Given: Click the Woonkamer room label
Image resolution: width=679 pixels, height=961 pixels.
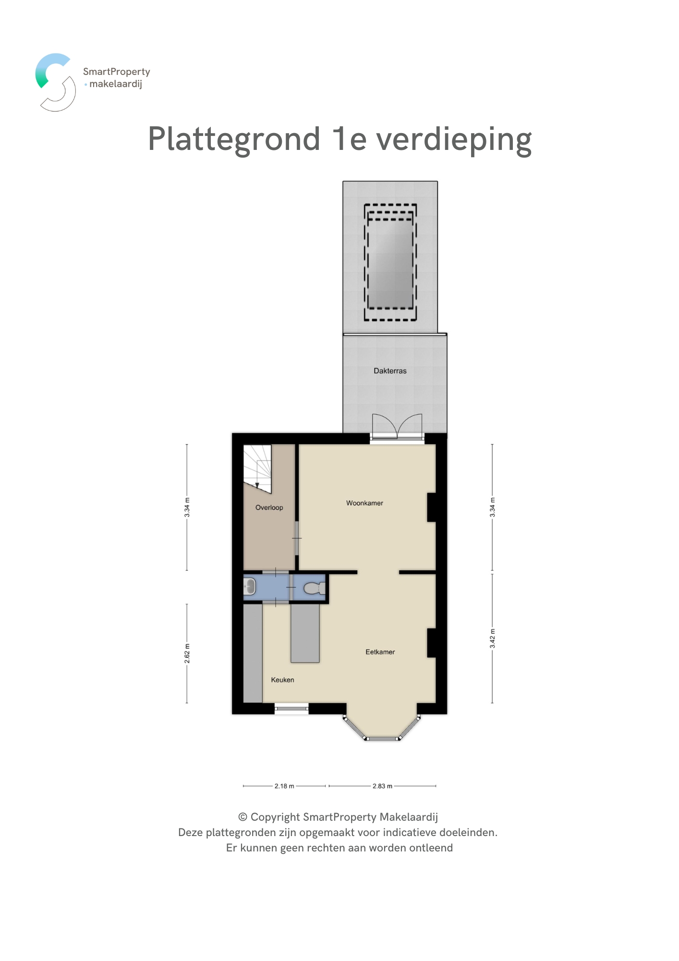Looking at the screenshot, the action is coord(364,503).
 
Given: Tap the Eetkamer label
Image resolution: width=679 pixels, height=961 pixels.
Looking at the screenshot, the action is coord(380,652).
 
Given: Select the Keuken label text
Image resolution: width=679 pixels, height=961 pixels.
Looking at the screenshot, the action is coord(282,680).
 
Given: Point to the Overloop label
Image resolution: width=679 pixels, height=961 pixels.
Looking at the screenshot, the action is coord(269,507).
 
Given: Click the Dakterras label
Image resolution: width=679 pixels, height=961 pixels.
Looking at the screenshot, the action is coord(390,371).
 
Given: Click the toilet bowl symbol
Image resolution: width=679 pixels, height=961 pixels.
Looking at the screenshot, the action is coord(315,588).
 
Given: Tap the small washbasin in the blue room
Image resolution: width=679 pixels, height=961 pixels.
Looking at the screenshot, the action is coord(250,587).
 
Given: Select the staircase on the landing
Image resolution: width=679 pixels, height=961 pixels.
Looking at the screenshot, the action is coord(257,468).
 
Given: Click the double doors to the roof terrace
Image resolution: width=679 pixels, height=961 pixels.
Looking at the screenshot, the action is coord(397,426).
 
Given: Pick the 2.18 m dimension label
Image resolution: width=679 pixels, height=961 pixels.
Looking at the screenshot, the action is coord(284,786).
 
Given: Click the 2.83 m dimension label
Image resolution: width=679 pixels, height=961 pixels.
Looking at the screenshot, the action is coord(382,786).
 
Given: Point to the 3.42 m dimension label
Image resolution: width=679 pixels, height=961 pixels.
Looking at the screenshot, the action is coord(492,638).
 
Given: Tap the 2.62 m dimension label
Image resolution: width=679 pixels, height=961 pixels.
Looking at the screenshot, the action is coord(187,653).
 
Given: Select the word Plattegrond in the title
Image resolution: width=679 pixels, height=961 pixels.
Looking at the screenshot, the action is coord(234,140).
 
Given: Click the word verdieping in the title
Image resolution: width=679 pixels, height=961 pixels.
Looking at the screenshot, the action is coord(454,140).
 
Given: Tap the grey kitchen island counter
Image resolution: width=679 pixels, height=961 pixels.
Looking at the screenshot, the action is coord(305,633).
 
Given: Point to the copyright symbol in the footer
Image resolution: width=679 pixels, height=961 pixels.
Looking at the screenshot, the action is coord(243,817).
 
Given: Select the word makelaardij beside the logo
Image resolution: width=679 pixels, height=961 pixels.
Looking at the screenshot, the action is coord(116,84).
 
